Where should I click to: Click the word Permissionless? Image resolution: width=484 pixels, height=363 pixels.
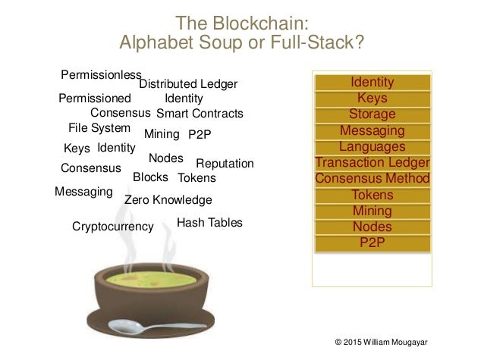pyautogui.click(x=101, y=74)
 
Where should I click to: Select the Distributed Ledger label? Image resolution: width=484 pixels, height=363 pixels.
pyautogui.click(x=188, y=83)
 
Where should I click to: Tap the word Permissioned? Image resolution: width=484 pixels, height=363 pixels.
pyautogui.click(x=94, y=99)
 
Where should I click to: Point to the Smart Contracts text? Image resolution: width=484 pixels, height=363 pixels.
pyautogui.click(x=200, y=114)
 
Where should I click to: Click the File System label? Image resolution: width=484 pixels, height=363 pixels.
pyautogui.click(x=99, y=127)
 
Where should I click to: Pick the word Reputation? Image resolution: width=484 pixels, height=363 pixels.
pyautogui.click(x=225, y=164)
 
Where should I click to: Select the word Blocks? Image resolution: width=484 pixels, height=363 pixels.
pyautogui.click(x=150, y=177)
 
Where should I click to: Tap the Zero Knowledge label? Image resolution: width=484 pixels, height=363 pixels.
pyautogui.click(x=168, y=200)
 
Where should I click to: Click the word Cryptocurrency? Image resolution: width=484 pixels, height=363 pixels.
pyautogui.click(x=112, y=226)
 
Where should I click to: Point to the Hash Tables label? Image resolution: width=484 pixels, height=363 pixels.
pyautogui.click(x=209, y=223)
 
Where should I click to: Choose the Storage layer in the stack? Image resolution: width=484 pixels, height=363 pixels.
pyautogui.click(x=372, y=114)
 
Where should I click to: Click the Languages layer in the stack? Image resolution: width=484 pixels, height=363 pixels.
pyautogui.click(x=372, y=146)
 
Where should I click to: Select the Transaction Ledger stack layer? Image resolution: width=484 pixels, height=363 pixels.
pyautogui.click(x=372, y=162)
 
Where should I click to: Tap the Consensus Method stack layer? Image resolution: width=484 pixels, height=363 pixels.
pyautogui.click(x=372, y=179)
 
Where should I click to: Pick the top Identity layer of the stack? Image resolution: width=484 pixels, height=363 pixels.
pyautogui.click(x=372, y=82)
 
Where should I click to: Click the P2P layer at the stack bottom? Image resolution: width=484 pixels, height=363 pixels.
pyautogui.click(x=372, y=243)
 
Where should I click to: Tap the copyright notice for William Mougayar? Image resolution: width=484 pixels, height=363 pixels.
pyautogui.click(x=381, y=343)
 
